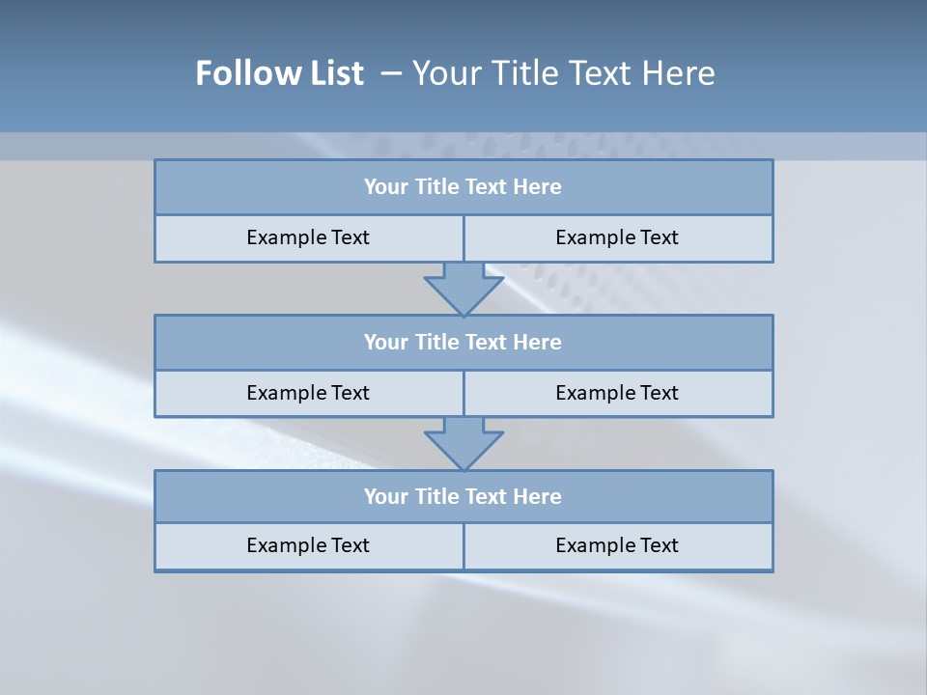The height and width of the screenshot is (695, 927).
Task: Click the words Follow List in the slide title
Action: click(279, 73)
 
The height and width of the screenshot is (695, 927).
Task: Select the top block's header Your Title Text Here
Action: click(463, 187)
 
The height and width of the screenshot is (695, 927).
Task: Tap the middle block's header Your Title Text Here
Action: click(463, 342)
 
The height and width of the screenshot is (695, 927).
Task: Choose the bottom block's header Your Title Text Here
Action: click(463, 496)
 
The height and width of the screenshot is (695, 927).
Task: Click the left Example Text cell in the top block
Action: click(308, 237)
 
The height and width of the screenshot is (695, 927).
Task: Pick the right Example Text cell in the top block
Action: click(617, 237)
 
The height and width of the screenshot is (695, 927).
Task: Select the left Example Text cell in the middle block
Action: click(308, 393)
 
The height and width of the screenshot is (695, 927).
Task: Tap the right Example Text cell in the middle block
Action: click(617, 393)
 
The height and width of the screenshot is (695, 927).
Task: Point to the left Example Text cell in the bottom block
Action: click(308, 545)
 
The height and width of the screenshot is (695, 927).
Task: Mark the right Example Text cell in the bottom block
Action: click(617, 545)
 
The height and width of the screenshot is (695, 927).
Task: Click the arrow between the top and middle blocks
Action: click(463, 289)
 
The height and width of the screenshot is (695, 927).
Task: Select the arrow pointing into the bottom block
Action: click(463, 443)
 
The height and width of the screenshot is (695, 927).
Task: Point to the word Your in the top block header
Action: click(386, 187)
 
